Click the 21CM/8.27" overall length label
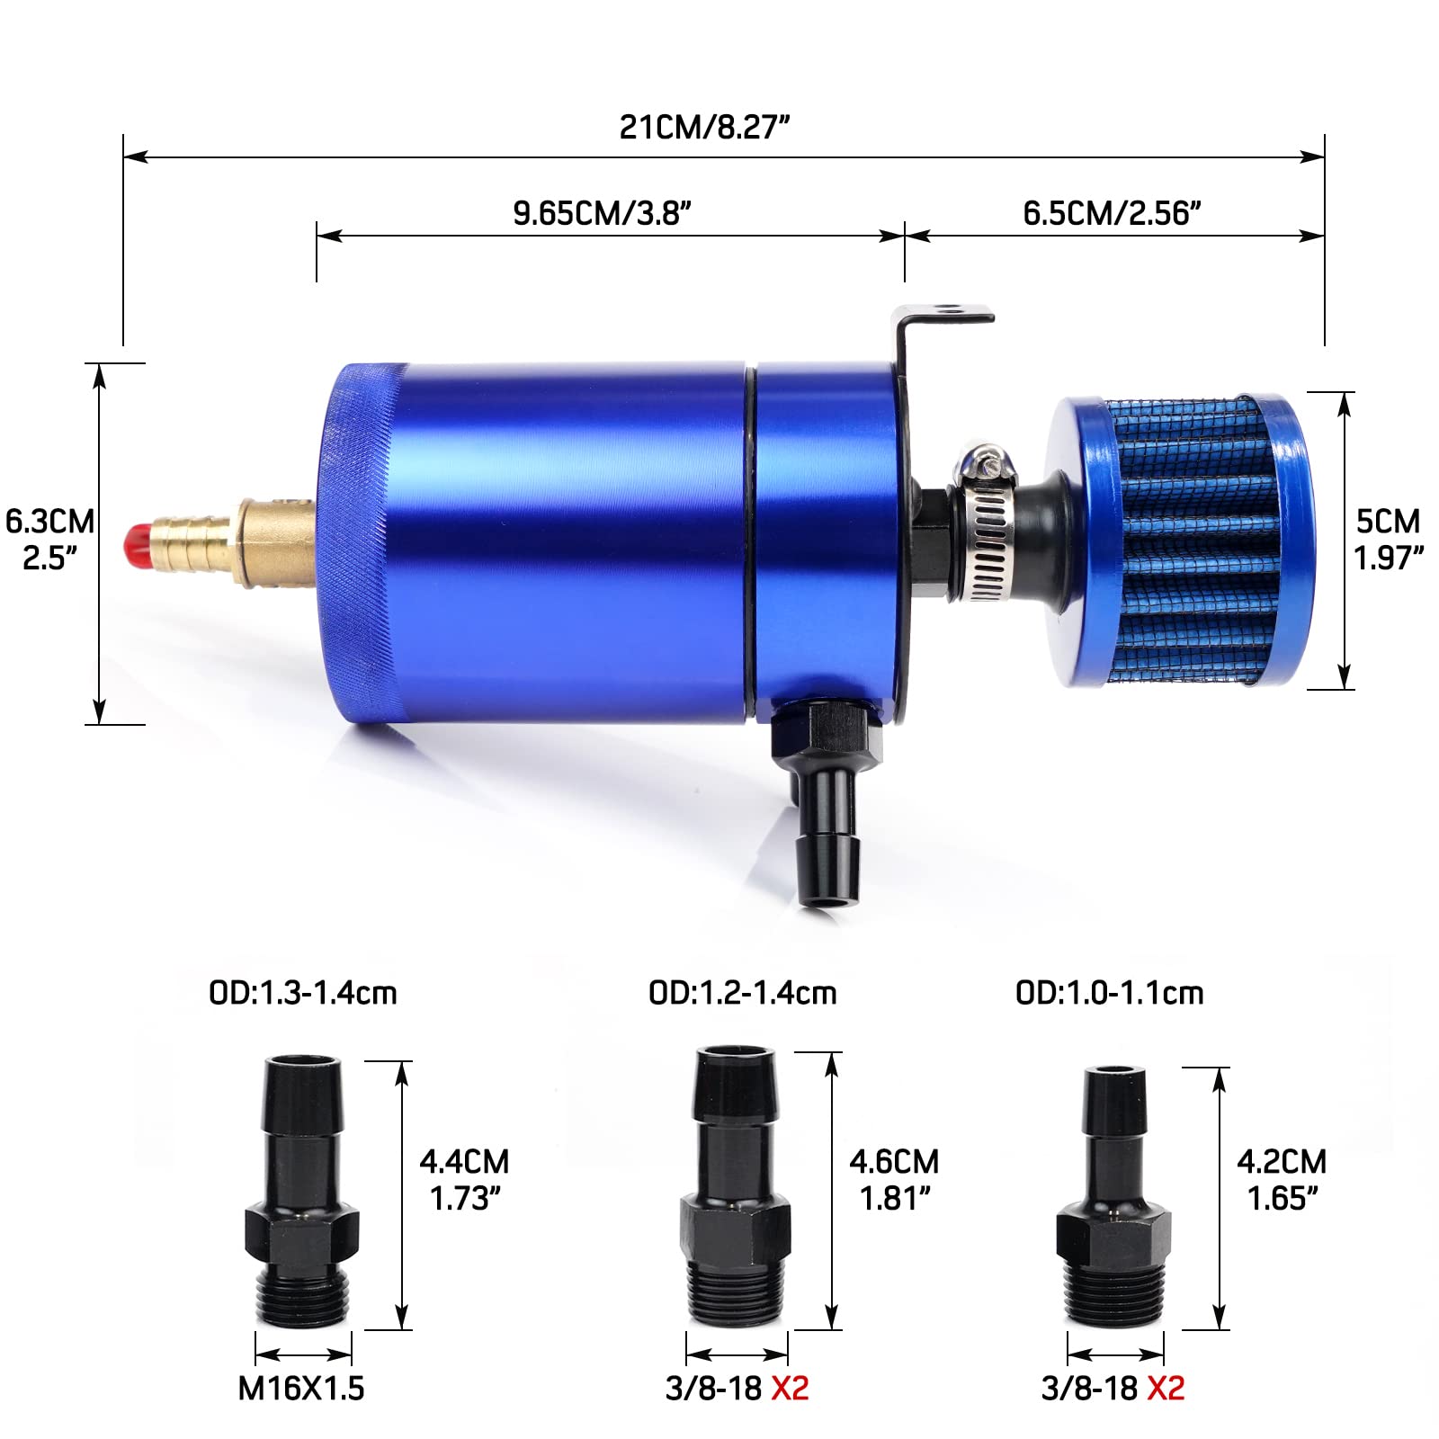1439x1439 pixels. [704, 127]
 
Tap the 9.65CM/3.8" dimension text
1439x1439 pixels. [602, 213]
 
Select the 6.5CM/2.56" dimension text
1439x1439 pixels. [1113, 213]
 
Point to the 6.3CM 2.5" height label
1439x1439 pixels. [49, 540]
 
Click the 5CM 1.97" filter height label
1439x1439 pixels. [1388, 540]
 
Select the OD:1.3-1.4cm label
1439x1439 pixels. [302, 993]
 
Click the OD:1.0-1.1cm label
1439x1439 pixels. [1109, 993]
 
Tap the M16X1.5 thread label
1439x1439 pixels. [301, 1389]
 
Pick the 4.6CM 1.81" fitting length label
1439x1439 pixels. [894, 1180]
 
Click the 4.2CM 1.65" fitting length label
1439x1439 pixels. [1282, 1180]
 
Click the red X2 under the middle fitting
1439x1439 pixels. [790, 1389]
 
